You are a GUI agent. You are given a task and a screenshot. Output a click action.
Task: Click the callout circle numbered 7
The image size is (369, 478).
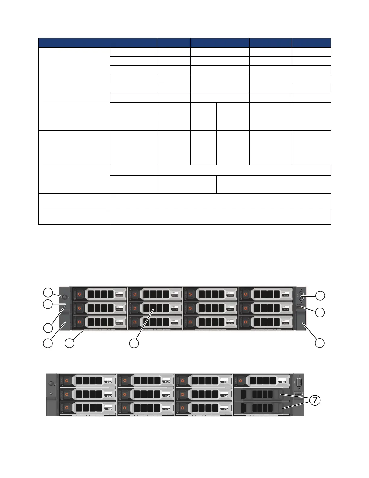(x=315, y=400)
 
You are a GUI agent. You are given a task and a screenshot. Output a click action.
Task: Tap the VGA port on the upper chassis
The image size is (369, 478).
(x=302, y=296)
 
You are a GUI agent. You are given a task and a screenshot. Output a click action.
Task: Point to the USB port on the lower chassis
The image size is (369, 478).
(x=298, y=394)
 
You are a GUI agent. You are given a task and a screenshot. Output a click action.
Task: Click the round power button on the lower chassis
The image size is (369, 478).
(x=51, y=383)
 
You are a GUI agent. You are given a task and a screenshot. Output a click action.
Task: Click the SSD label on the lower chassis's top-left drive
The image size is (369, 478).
(x=109, y=382)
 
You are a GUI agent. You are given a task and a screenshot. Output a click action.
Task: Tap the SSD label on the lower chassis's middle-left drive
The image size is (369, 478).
(x=109, y=395)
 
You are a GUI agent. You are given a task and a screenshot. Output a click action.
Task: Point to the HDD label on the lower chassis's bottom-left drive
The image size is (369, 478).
(x=109, y=409)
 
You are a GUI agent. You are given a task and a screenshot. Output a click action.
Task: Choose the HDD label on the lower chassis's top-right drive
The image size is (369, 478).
(x=283, y=382)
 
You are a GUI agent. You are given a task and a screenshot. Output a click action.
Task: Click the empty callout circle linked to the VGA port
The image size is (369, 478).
(x=320, y=296)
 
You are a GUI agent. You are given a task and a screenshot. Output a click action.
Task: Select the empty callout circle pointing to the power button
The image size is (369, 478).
(x=48, y=292)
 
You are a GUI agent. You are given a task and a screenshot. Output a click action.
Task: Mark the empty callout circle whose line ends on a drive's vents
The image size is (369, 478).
(x=134, y=343)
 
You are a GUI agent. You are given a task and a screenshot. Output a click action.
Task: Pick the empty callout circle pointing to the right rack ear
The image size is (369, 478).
(x=320, y=343)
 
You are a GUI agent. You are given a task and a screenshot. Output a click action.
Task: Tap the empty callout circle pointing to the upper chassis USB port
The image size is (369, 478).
(x=320, y=312)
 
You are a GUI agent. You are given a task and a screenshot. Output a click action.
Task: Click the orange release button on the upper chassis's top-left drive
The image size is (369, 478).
(x=80, y=294)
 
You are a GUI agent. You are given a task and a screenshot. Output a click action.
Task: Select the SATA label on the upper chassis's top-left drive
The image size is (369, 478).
(x=118, y=292)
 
